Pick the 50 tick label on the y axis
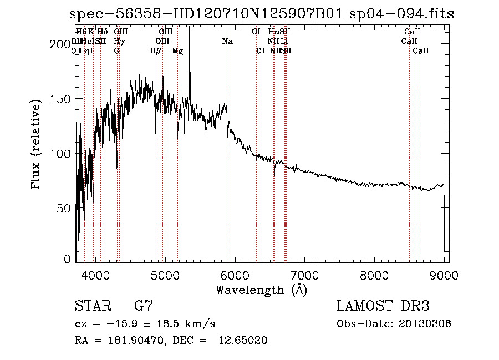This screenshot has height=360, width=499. pyautogui.click(x=66, y=208)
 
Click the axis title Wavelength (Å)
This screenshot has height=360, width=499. pyautogui.click(x=262, y=289)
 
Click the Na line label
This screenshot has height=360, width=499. pyautogui.click(x=227, y=41)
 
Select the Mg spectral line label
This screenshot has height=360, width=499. pyautogui.click(x=177, y=50)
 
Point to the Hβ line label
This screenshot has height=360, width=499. pyautogui.click(x=156, y=50)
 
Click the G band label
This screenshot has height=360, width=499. pyautogui.click(x=116, y=50)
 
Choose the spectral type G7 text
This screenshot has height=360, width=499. pyautogui.click(x=144, y=306)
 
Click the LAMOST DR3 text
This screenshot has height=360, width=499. pyautogui.click(x=383, y=306)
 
